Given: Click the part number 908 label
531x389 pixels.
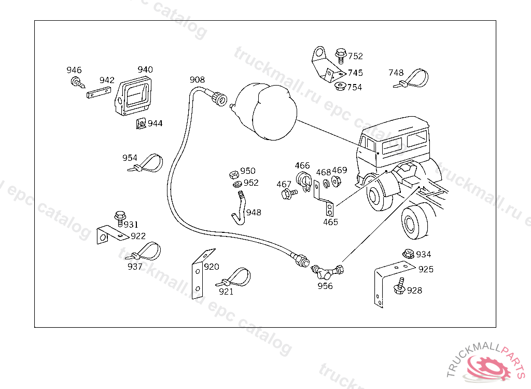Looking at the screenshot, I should point(197,79).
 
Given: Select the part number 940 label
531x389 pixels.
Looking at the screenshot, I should point(145,70).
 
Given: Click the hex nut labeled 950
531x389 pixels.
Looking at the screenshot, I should point(233,173).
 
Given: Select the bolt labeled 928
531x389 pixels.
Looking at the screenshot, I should point(399,286).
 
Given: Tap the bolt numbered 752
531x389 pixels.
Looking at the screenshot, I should point(340,53).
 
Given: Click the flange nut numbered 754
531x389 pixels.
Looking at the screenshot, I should point(340,86).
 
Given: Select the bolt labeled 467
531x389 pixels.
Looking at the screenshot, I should point(287,193).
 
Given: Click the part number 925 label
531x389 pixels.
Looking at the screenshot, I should point(426,269).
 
